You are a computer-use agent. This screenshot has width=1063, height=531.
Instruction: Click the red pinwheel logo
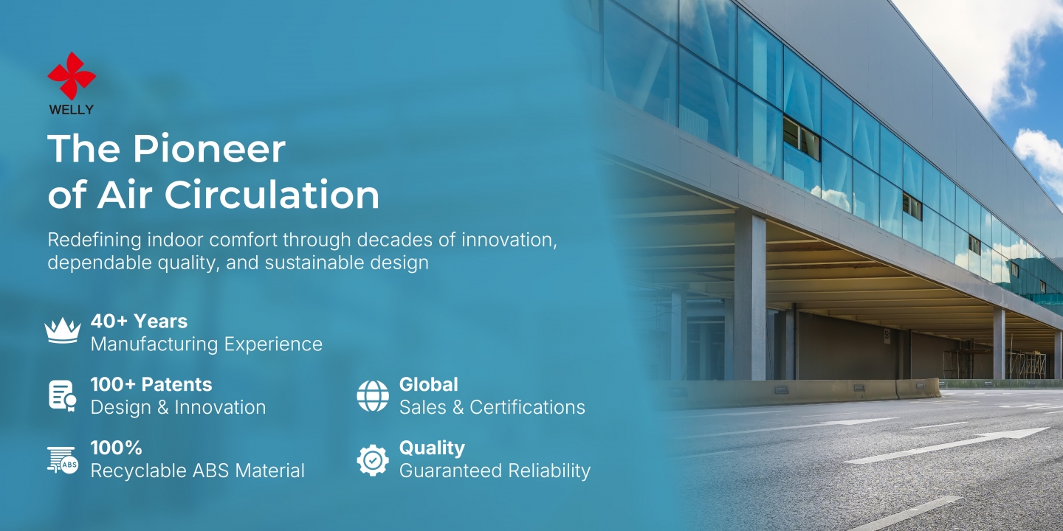tap(72, 76)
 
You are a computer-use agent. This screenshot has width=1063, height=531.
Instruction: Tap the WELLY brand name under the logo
tap(71, 109)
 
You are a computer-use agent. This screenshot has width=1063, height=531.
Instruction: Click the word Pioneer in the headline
tap(210, 149)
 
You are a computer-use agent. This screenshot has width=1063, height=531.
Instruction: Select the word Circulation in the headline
tap(272, 195)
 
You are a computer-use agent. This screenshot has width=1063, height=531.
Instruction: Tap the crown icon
tap(63, 330)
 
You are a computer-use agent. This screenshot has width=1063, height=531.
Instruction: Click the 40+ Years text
tap(139, 322)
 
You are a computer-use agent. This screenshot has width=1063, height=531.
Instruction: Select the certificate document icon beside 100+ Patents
tap(63, 395)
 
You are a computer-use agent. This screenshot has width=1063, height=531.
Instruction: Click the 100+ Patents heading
tap(151, 384)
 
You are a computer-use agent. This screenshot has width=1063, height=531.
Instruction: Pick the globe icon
tap(373, 396)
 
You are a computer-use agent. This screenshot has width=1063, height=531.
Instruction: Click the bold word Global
tap(428, 384)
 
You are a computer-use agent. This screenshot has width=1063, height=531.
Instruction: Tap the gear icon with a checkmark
tap(373, 460)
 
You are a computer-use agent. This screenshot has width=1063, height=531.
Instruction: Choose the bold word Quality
tap(432, 448)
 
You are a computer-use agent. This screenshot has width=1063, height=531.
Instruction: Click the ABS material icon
tap(63, 460)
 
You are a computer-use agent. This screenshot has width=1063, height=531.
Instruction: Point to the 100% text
tap(117, 448)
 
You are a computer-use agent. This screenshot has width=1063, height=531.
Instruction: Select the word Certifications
tap(527, 407)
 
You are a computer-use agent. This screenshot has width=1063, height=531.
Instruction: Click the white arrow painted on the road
tap(946, 445)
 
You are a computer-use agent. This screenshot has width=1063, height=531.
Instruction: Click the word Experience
tap(273, 344)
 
